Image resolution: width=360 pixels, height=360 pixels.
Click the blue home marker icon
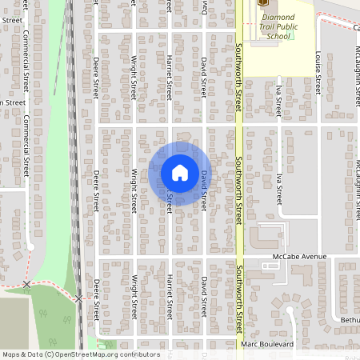(x=180, y=172)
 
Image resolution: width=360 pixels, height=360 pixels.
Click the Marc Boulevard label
(x=267, y=344)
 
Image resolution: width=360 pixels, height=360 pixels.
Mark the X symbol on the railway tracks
(x=78, y=298)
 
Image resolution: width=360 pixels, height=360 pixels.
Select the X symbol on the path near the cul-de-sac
(x=27, y=284)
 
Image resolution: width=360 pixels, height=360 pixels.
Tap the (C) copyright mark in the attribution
(x=49, y=354)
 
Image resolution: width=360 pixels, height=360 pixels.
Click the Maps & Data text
(x=22, y=354)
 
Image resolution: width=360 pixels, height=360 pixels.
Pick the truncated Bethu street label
(x=350, y=319)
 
